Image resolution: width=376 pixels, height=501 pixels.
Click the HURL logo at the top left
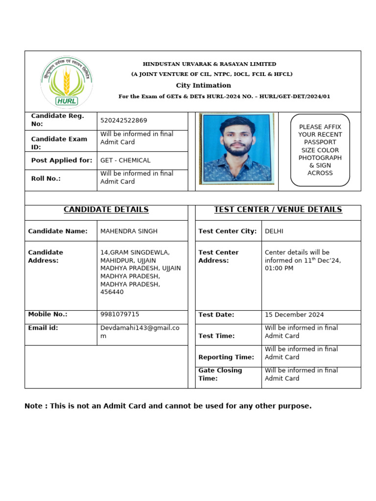tap(66, 82)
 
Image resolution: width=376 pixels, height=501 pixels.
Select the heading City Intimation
tap(203, 86)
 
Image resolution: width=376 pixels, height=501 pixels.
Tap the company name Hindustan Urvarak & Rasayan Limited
tap(209, 64)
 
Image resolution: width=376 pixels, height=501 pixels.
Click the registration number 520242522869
tap(123, 120)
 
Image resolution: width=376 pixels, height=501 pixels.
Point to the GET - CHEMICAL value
tap(125, 160)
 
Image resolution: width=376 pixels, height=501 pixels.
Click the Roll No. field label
tap(46, 179)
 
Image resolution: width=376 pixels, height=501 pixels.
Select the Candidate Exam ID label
tap(59, 143)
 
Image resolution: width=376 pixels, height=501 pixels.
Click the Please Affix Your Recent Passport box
tap(320, 150)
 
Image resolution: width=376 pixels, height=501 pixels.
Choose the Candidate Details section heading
tap(106, 210)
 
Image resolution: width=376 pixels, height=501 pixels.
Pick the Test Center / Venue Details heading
tap(278, 210)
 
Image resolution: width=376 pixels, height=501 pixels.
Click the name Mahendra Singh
tap(129, 231)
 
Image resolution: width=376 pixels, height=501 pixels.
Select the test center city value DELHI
tap(274, 231)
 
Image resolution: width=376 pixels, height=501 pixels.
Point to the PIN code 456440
tap(112, 292)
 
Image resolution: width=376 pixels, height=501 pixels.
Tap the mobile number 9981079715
tap(119, 315)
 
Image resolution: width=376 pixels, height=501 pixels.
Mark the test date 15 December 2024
tap(294, 315)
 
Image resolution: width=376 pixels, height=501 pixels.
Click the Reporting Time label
tap(226, 357)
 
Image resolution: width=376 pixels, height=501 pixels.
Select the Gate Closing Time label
tap(220, 374)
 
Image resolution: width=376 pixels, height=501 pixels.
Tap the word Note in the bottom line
tap(33, 406)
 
